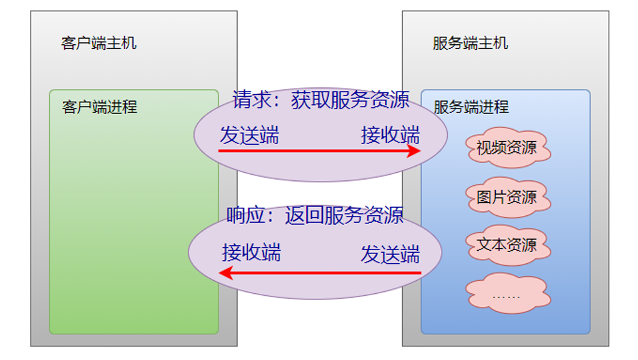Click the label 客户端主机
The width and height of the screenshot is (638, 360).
pos(99,43)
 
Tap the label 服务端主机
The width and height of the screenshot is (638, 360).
pos(470,43)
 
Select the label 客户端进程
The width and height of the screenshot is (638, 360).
pos(99,107)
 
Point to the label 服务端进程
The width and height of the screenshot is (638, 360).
pos(471,107)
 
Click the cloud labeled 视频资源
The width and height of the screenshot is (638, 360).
pos(506,148)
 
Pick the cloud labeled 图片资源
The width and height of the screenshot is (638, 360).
pos(506,197)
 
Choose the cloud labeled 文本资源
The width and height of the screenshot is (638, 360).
pos(506,245)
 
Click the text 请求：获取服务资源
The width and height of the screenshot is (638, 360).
pos(321,100)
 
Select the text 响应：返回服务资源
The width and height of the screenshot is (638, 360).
pos(315,215)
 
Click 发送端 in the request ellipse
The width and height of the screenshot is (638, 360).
pos(249,135)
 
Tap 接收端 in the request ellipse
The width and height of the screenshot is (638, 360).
pos(390,135)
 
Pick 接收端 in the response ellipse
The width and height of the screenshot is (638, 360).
pos(251,253)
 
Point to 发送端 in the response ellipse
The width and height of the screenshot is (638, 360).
pos(390,254)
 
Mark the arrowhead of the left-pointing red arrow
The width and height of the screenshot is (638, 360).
pos(226,273)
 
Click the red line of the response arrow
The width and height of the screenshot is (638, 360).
pos(324,273)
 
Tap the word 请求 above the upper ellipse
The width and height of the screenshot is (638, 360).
pos(248,100)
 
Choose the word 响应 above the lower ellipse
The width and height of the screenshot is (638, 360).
pos(241,215)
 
